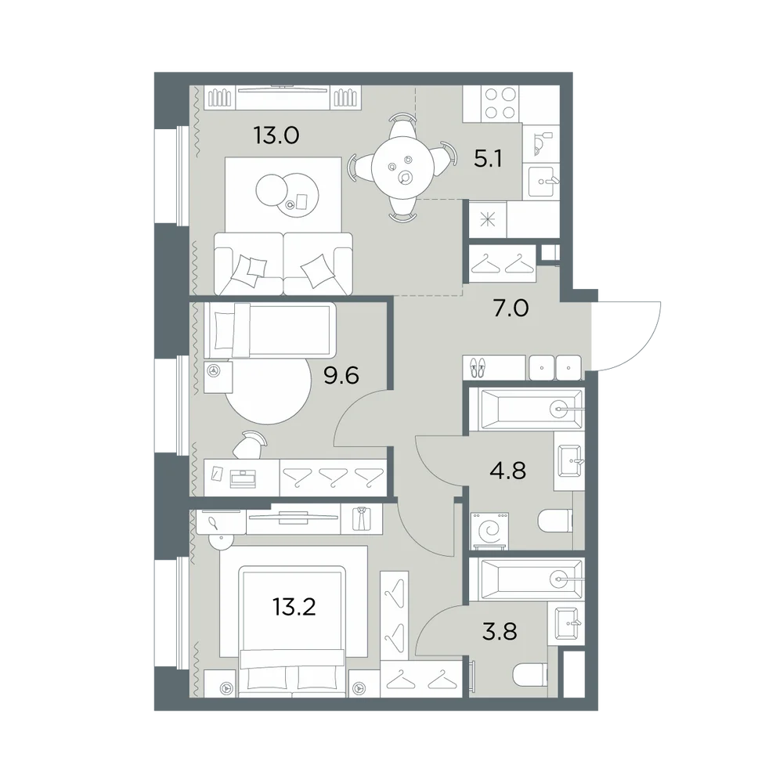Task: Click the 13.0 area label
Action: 276,135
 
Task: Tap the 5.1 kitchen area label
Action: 488,159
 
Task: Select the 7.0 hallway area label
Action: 511,309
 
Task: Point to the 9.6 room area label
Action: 341,376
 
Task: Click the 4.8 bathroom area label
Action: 508,471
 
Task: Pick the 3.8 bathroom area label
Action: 500,632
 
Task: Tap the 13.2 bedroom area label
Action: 294,608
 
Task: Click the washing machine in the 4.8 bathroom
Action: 490,532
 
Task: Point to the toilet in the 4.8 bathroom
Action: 555,521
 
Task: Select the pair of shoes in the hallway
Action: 478,367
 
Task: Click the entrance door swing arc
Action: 644,345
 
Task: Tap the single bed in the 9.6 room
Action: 269,330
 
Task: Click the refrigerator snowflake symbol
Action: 487,220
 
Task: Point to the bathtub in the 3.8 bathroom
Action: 531,579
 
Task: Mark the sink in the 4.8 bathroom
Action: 568,461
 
